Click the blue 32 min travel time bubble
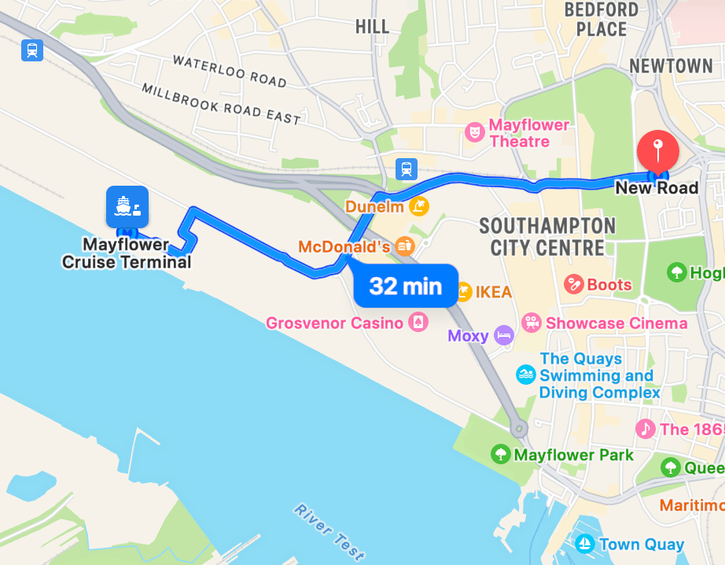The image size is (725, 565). point(405,285)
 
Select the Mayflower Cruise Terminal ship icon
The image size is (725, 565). point(127,207)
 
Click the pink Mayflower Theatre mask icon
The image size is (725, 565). point(474,132)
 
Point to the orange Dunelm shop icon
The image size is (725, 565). point(421,207)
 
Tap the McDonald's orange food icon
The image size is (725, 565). point(405,246)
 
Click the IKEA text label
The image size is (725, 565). point(491,293)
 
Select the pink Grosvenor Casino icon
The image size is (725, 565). point(418,323)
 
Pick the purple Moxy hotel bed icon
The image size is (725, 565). point(504,336)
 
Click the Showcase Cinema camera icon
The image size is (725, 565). point(532,323)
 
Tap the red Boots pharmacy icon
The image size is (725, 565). point(573,284)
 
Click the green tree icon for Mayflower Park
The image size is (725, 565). point(499,454)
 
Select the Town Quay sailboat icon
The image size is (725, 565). point(584,544)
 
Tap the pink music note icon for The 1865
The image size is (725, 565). point(646,429)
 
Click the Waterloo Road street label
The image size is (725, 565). point(229,70)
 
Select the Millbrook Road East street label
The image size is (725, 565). point(221,103)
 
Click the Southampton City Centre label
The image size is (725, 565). point(547,237)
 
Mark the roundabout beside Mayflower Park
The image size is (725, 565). point(518,429)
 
